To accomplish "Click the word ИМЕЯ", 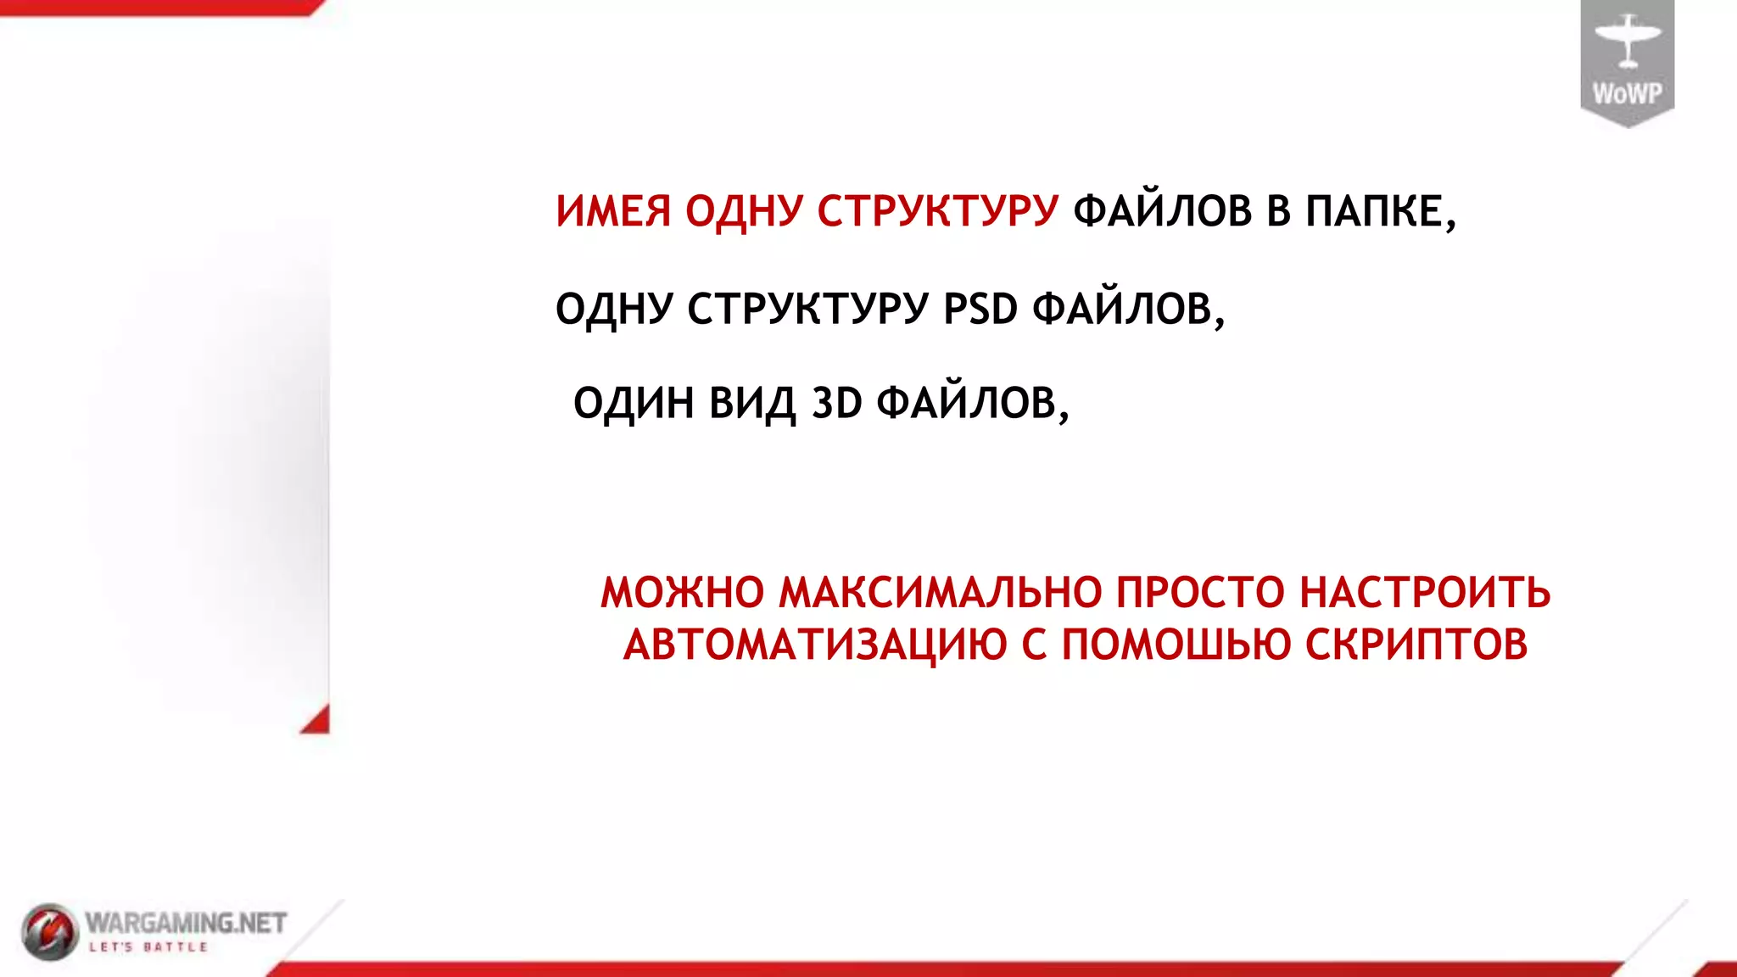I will coord(613,211).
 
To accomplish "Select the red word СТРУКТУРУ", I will coord(938,211).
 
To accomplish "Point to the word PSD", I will coord(980,308).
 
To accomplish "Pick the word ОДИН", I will coord(634,403).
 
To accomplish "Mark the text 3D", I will coord(837,403).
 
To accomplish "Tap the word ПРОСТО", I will coord(1200,593).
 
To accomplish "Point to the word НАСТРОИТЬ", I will coord(1425,593).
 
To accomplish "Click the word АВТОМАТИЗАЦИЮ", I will coord(815,645).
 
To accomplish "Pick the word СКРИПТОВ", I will coord(1416,645).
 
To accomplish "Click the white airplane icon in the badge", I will coord(1627,40).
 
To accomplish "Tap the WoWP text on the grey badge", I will coord(1627,93).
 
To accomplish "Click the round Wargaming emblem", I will coord(49,931).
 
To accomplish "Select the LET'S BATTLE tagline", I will coord(148,946).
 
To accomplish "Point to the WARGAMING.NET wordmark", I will coord(186,922).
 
